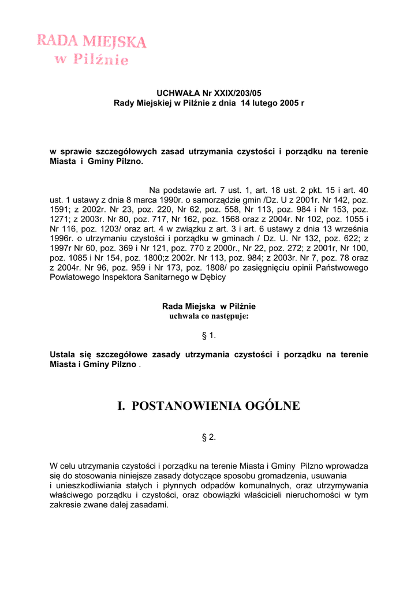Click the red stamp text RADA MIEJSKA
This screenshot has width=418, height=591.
[x=92, y=41]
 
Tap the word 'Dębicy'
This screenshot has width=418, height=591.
[x=213, y=277]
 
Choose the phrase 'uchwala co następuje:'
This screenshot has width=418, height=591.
[x=208, y=316]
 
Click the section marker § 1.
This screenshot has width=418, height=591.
[x=208, y=335]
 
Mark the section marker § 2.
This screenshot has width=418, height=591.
[x=208, y=437]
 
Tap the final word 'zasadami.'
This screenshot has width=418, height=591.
[x=151, y=504]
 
